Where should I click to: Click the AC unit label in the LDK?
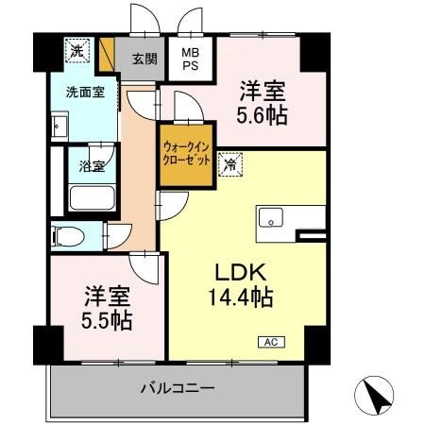[x=269, y=341]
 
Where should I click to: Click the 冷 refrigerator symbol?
[x=229, y=163]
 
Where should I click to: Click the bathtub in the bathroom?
[x=93, y=199]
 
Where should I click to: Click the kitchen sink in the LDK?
[x=270, y=217]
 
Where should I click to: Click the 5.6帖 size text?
[x=262, y=116]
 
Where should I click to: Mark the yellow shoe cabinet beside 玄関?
[x=108, y=50]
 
